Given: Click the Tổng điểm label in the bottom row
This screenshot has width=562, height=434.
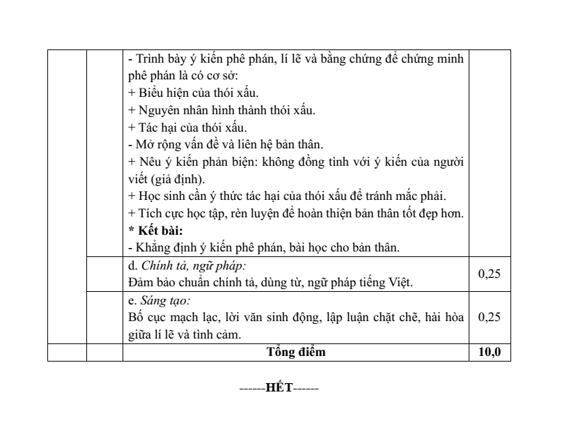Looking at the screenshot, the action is tap(295, 352).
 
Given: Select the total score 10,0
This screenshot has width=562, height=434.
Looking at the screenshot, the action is tap(490, 352).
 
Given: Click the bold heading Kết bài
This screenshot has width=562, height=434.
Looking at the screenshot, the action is tap(162, 231).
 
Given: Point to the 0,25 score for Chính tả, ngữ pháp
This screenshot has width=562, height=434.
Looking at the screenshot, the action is tap(490, 274).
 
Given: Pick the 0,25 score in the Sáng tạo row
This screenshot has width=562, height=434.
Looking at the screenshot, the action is tap(490, 317).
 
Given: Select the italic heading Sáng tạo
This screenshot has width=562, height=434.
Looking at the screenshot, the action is tap(165, 300).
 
